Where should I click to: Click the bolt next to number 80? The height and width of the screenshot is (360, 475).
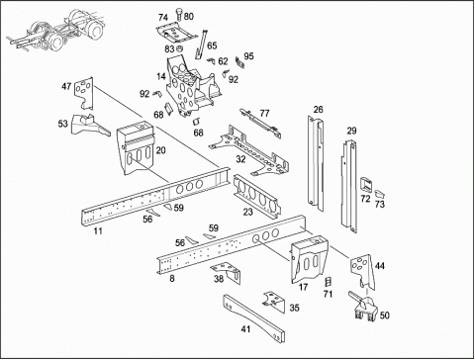tap(179, 14)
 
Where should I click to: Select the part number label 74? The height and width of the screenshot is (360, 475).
tap(163, 18)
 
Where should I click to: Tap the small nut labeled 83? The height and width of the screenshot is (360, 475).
tap(180, 49)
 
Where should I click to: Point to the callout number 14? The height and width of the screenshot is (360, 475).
tap(161, 76)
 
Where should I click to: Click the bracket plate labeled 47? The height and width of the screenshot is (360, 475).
tap(84, 93)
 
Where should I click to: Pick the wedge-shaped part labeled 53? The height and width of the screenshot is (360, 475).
tap(89, 125)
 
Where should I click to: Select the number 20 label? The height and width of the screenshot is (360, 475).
tap(160, 150)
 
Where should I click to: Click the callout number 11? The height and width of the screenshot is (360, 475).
tap(98, 230)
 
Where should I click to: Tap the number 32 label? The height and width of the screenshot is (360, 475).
tap(240, 159)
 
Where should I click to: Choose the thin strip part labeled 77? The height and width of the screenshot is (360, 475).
tap(260, 124)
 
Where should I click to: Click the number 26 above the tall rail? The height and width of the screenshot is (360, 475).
tap(318, 109)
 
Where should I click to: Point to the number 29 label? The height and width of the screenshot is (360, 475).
tap(351, 131)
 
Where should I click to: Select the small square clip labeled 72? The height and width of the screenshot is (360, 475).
tap(365, 185)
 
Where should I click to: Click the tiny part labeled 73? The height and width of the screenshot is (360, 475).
tap(380, 194)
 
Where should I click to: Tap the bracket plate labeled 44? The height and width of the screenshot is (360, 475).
tap(362, 271)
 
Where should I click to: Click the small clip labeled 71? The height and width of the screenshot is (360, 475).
tap(328, 282)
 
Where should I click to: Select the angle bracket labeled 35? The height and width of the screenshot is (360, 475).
tap(274, 300)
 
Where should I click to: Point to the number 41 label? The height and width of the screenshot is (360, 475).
tap(245, 329)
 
